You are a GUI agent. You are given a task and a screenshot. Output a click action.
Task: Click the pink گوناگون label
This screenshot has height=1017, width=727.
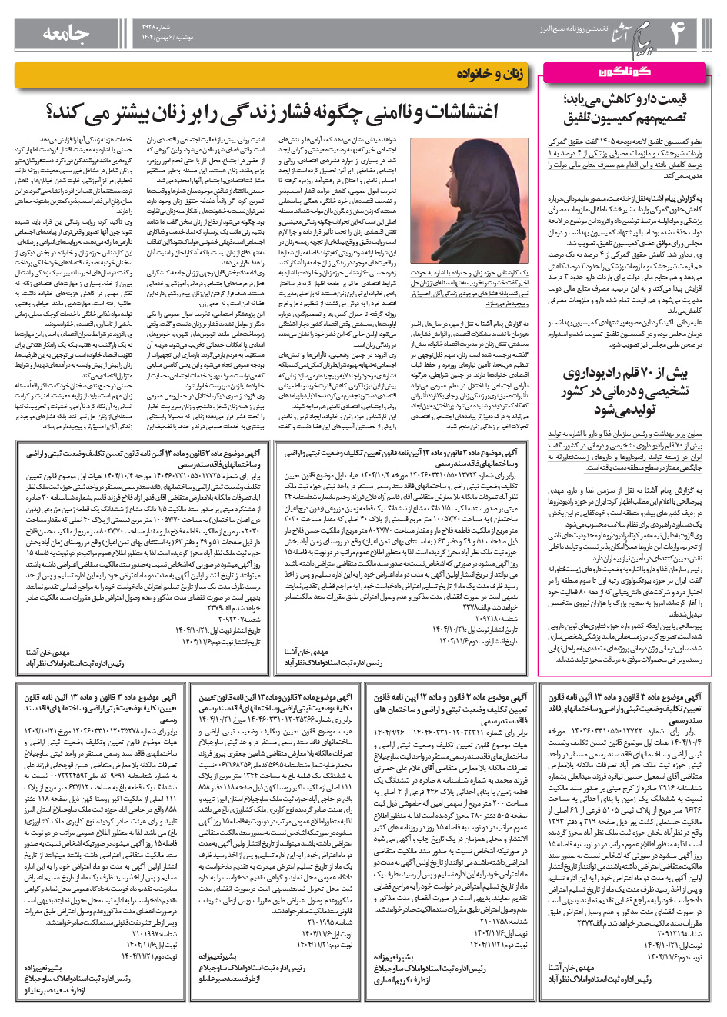coord(624,71)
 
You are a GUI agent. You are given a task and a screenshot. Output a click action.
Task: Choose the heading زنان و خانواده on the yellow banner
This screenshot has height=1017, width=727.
coord(490,74)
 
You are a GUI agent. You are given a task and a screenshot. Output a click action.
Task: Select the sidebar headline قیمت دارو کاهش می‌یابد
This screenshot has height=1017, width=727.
coord(625,101)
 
